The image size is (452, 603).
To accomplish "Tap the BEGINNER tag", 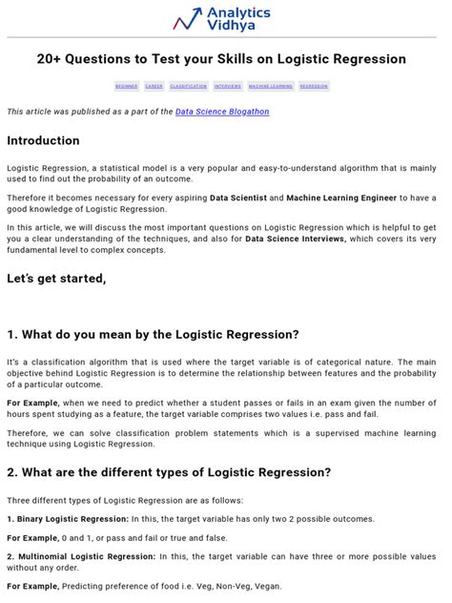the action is (x=127, y=86).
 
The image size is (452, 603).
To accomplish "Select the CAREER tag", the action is (x=154, y=86).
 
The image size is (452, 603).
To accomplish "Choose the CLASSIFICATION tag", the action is (x=189, y=86).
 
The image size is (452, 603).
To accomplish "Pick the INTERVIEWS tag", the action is (x=228, y=86).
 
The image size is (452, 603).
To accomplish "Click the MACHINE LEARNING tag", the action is (x=271, y=86).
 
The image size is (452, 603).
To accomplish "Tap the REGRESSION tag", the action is (x=314, y=86).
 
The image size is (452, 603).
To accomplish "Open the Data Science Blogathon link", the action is (x=222, y=112).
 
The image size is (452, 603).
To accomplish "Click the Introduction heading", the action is (x=44, y=140).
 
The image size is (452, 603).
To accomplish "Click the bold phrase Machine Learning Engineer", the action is (x=352, y=198).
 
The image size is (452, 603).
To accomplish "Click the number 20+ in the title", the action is (x=50, y=59).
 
